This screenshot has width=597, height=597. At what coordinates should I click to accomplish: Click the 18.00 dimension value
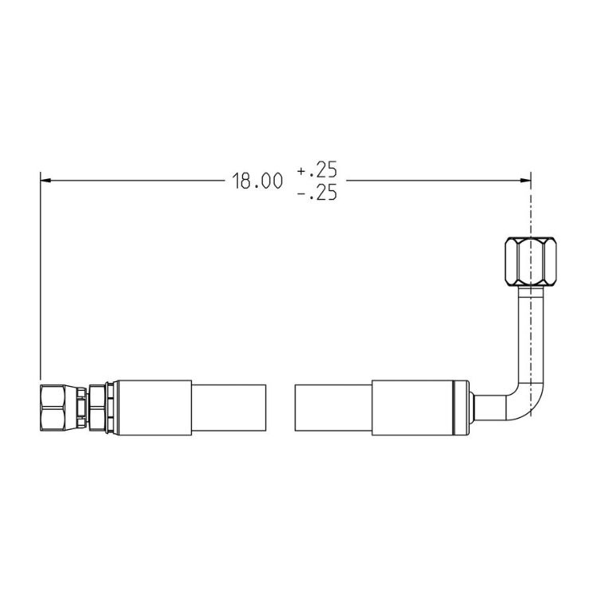[258, 181]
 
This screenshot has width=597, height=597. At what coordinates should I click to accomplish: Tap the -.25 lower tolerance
[317, 193]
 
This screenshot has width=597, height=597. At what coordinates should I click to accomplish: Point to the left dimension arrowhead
[45, 180]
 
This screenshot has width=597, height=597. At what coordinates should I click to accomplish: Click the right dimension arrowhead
[525, 180]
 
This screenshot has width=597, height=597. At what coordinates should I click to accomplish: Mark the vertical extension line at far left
[41, 275]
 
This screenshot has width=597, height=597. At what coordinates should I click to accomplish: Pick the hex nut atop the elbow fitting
[530, 261]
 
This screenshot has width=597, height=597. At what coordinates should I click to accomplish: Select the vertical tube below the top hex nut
[530, 335]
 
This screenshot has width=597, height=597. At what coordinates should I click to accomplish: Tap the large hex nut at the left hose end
[53, 408]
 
